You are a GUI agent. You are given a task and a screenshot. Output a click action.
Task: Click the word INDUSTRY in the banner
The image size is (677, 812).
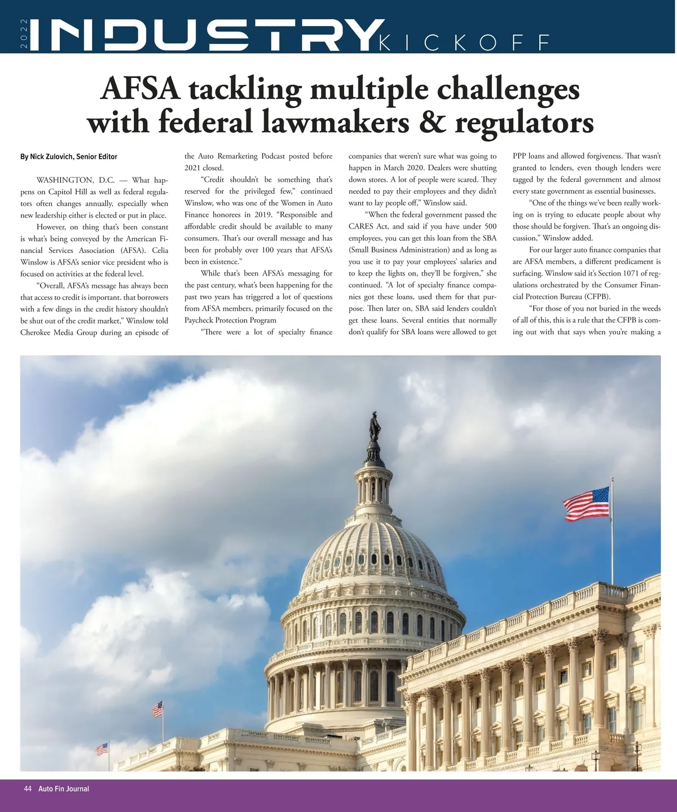coord(203,36)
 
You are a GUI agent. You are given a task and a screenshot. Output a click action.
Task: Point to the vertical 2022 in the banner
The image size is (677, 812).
coord(24,34)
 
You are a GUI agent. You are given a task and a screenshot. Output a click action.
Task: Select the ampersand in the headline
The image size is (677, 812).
coord(432,122)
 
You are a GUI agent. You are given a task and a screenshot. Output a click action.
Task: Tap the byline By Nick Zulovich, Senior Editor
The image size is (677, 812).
coord(69,156)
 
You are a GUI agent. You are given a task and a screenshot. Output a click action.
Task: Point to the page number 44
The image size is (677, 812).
coord(28,789)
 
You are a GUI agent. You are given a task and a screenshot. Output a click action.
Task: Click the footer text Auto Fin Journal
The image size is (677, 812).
coord(64,789)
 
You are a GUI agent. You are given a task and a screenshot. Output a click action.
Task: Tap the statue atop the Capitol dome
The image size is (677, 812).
coord(374,427)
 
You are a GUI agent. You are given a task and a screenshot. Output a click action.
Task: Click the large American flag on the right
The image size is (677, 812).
coord(587,503)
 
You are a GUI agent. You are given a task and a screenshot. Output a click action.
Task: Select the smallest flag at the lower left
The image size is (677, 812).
coord(102,749)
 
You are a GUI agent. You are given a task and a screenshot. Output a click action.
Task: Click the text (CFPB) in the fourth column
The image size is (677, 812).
coord(597,297)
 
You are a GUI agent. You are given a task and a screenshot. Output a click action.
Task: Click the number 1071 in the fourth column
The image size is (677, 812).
coord(630,273)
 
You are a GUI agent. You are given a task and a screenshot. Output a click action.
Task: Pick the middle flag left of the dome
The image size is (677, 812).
coord(157,709)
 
